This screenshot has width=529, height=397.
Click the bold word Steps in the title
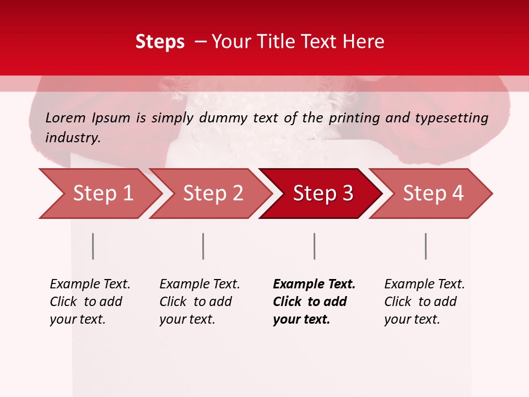[160, 42]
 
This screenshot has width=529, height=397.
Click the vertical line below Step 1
[93, 246]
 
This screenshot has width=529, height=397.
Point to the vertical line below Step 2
[203, 246]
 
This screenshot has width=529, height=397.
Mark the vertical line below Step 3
[315, 246]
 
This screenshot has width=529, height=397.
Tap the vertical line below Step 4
[426, 246]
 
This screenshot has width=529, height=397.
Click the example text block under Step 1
[90, 302]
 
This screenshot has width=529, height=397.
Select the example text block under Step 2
[199, 302]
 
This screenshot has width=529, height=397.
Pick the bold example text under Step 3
[314, 302]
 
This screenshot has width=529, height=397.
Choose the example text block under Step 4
[424, 302]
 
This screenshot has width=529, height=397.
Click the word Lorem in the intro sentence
[66, 118]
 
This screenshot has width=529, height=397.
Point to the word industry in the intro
[73, 138]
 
